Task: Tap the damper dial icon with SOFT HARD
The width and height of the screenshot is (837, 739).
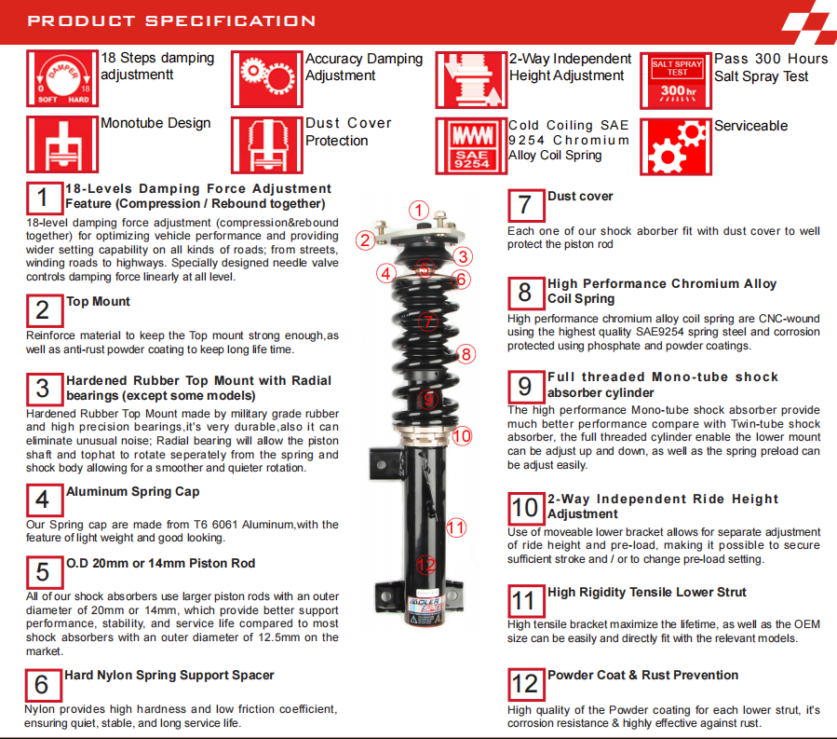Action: [62, 80]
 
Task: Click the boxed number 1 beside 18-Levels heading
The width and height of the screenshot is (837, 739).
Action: [43, 198]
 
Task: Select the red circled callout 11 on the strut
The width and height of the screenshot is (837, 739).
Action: [455, 527]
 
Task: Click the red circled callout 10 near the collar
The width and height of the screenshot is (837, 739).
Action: [463, 435]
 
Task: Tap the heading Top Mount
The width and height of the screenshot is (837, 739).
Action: [98, 302]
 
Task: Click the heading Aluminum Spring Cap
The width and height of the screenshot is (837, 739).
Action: [132, 492]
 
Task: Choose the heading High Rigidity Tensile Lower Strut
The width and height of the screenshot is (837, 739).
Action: [646, 592]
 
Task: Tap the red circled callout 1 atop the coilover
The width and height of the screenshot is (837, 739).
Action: [420, 211]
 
